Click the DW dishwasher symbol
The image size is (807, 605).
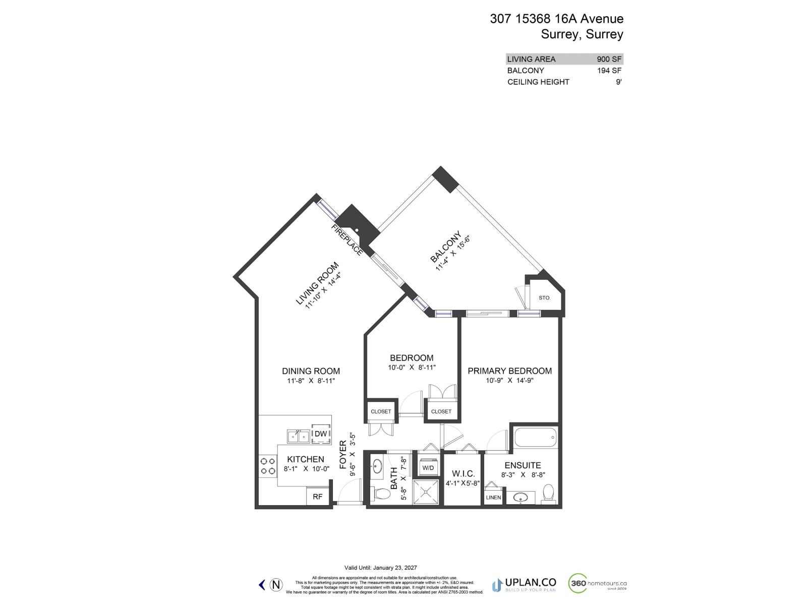321,434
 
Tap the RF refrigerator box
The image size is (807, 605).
317,497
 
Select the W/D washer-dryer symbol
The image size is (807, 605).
428,467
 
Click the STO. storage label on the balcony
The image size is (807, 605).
544,298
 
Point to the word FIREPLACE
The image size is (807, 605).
347,240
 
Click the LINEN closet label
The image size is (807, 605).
493,497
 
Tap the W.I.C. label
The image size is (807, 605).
463,473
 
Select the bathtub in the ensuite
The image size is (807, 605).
536,437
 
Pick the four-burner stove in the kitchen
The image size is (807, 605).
267,466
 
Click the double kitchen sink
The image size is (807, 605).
298,436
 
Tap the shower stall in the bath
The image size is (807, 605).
427,491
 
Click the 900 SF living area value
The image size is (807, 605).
609,59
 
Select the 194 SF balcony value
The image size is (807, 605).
609,71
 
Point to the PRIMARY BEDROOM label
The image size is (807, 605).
509,371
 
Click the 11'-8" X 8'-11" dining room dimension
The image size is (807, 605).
311,381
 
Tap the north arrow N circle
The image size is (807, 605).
276,585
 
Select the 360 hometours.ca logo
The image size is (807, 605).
598,584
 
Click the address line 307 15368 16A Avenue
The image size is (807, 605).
556,19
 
